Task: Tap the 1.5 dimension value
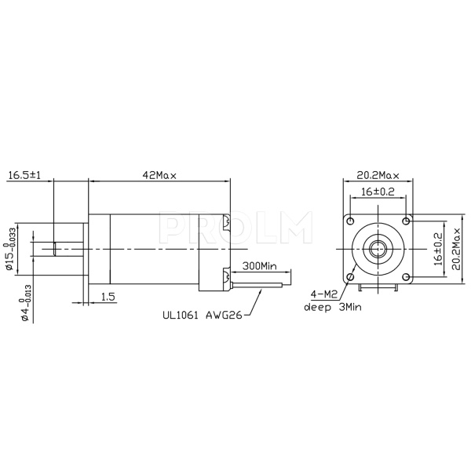tap(108, 297)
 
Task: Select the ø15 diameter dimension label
tap(12, 256)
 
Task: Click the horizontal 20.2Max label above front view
tap(378, 174)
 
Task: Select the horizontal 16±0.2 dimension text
tap(378, 192)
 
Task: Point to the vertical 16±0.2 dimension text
tap(438, 245)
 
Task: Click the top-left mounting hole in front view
tap(352, 217)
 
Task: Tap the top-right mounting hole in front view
tap(406, 217)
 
